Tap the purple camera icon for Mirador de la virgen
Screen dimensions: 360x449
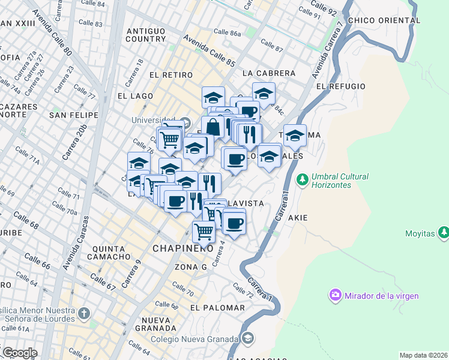coord(334,295)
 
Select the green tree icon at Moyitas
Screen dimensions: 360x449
coord(443,231)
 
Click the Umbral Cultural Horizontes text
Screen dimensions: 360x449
coord(340,181)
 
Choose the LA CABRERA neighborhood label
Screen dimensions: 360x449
coord(269,73)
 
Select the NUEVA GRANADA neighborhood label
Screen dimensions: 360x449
coord(155,324)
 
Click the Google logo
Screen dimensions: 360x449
coord(19,352)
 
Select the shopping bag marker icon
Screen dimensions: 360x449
coord(212,127)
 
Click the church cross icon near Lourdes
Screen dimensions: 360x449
coord(84,313)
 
